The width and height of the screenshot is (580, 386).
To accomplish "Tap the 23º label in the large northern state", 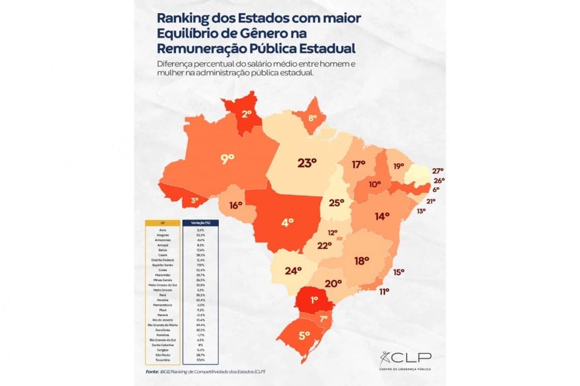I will pos(307,163).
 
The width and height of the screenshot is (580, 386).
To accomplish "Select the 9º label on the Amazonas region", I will pos(227,158).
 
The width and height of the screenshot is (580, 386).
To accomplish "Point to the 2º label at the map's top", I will pos(247,114).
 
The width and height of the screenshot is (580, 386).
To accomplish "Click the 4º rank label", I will pos(288,222).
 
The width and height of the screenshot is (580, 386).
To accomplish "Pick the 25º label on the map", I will pos(336,203).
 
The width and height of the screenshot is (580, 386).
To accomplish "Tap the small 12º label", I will pos(332,232).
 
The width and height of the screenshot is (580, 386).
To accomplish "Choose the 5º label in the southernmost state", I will pos(305,335).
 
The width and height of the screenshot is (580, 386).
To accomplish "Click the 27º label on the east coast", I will pos(438,171).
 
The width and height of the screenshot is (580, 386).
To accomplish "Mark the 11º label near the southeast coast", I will pos(384,291).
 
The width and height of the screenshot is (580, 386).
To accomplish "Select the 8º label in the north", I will pos(312,118).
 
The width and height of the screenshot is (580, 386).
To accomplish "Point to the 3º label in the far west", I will pos(194,201).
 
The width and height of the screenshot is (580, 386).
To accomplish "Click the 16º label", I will pos(235,205).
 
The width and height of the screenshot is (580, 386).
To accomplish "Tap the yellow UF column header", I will pos(162,223).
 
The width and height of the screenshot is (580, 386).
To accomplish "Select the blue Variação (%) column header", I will pos(200,223).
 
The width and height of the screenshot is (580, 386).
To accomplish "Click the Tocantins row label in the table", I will pos(162,360).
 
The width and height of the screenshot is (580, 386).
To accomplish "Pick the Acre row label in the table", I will pos(162,230).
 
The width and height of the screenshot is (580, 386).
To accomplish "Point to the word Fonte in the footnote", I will pos(152,372).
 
